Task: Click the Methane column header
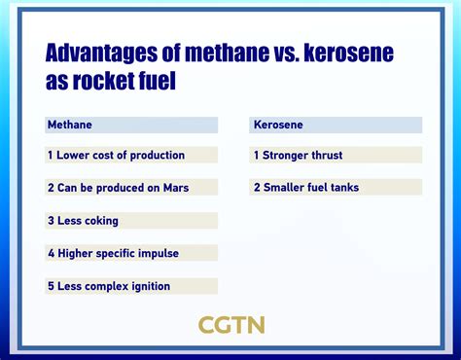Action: pyautogui.click(x=70, y=126)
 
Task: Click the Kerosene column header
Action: pyautogui.click(x=277, y=126)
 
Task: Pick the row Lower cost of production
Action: pyautogui.click(x=116, y=155)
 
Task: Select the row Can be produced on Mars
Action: pyautogui.click(x=118, y=188)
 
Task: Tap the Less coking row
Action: pyautogui.click(x=84, y=221)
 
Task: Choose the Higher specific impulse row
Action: pyautogui.click(x=113, y=253)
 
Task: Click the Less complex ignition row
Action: pyautogui.click(x=109, y=286)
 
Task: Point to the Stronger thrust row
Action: pyautogui.click(x=298, y=155)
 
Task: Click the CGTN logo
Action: pyautogui.click(x=230, y=325)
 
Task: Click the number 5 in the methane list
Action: pyautogui.click(x=50, y=286)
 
